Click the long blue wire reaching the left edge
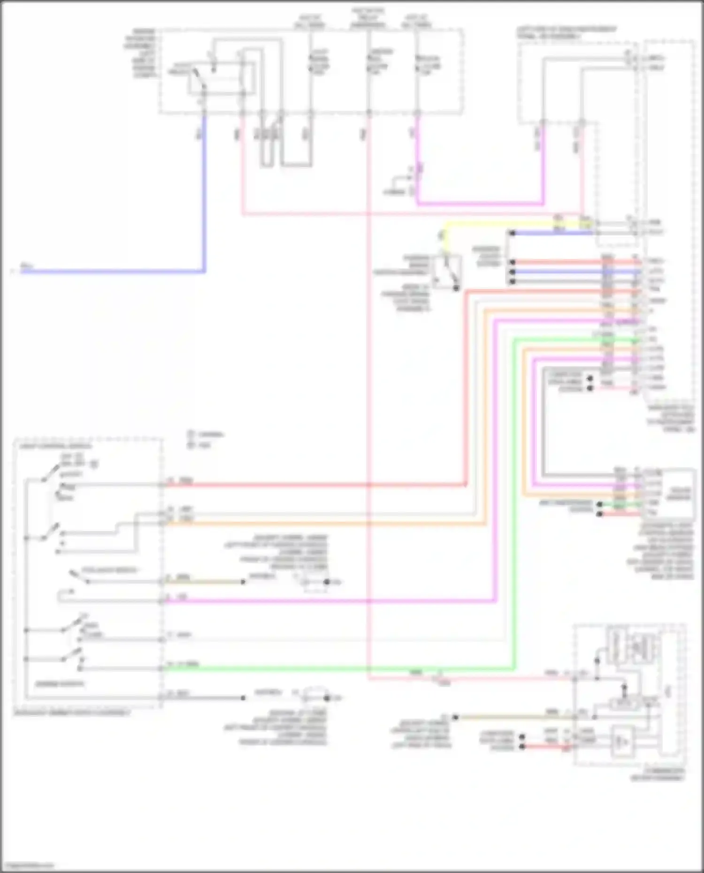point(113,271)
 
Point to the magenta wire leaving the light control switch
point(329,600)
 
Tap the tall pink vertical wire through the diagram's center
point(368,375)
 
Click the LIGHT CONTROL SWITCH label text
point(55,446)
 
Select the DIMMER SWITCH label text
point(60,684)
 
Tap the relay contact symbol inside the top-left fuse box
point(199,80)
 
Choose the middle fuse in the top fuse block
point(369,63)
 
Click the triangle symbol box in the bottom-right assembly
point(622,742)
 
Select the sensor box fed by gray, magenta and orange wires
point(678,493)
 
